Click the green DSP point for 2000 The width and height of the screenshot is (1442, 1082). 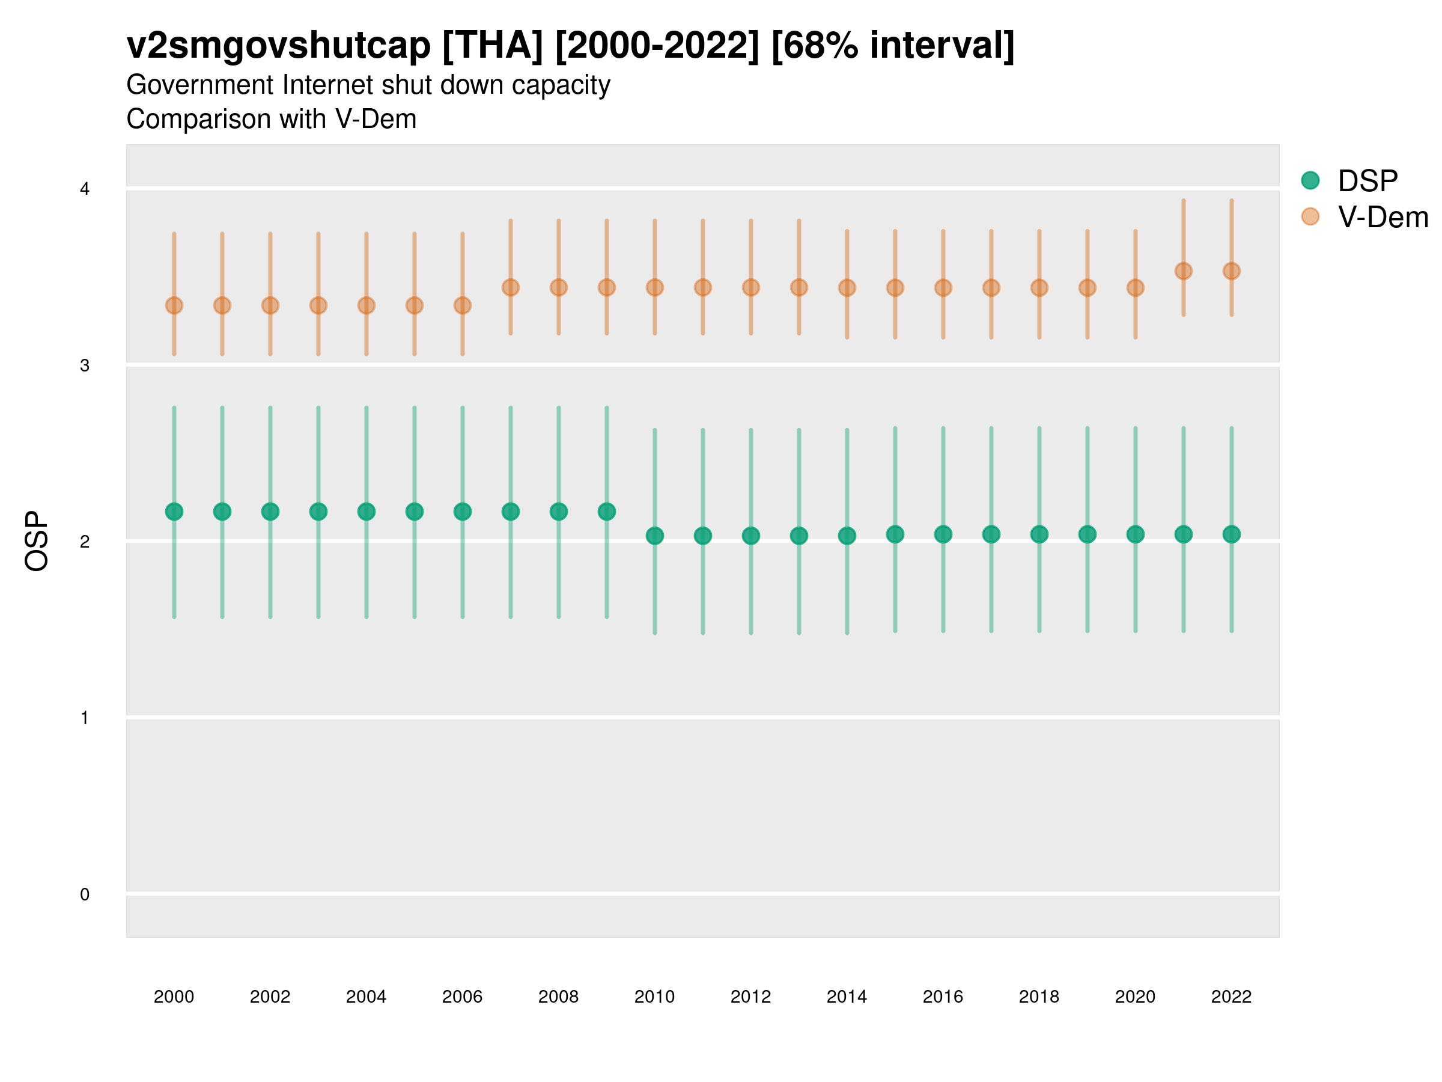pos(174,512)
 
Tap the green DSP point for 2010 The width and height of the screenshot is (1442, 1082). pos(654,536)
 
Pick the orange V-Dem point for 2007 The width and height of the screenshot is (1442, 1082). pos(511,287)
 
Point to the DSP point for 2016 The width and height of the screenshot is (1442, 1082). pos(943,534)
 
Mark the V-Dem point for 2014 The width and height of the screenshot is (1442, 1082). pos(847,287)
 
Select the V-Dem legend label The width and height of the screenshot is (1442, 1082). pos(1383,217)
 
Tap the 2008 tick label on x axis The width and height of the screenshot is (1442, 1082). pos(558,997)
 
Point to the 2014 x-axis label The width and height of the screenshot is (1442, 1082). pos(846,997)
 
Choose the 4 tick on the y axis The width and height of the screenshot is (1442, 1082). pos(85,189)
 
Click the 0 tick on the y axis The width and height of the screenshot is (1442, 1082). pos(85,894)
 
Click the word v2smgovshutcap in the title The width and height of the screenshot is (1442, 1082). pos(278,46)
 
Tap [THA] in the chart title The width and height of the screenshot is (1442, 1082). pos(492,46)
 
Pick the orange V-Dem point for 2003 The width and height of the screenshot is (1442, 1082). pos(318,305)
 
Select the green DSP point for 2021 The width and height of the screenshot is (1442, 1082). pos(1183,534)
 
